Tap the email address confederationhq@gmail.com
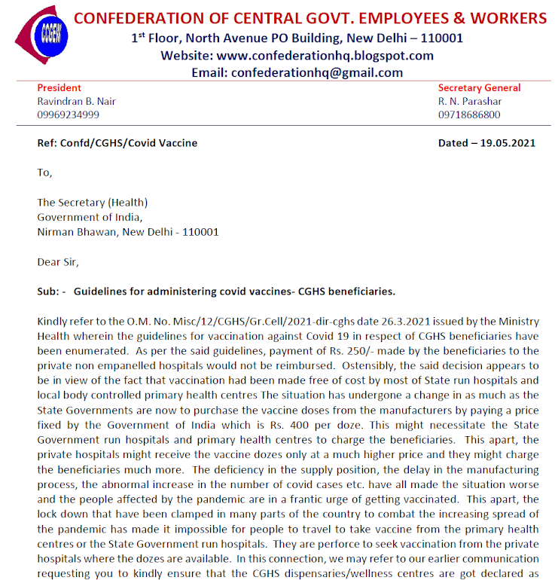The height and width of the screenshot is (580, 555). click(x=317, y=73)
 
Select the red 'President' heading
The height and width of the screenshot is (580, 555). click(x=59, y=87)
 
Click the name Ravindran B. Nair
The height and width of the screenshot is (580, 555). click(x=76, y=101)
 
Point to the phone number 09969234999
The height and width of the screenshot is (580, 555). click(x=68, y=114)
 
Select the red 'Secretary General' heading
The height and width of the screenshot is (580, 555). click(x=479, y=87)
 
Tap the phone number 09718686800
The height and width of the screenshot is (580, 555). click(x=468, y=114)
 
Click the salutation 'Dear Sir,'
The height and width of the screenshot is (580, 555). click(x=57, y=262)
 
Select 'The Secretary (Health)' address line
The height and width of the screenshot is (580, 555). click(x=92, y=202)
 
